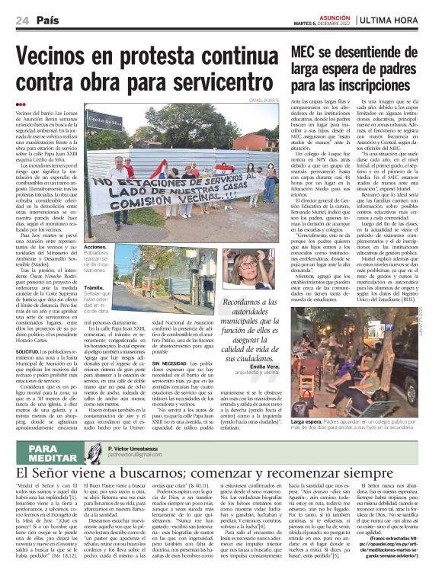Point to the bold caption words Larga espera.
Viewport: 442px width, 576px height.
click(x=306, y=421)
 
